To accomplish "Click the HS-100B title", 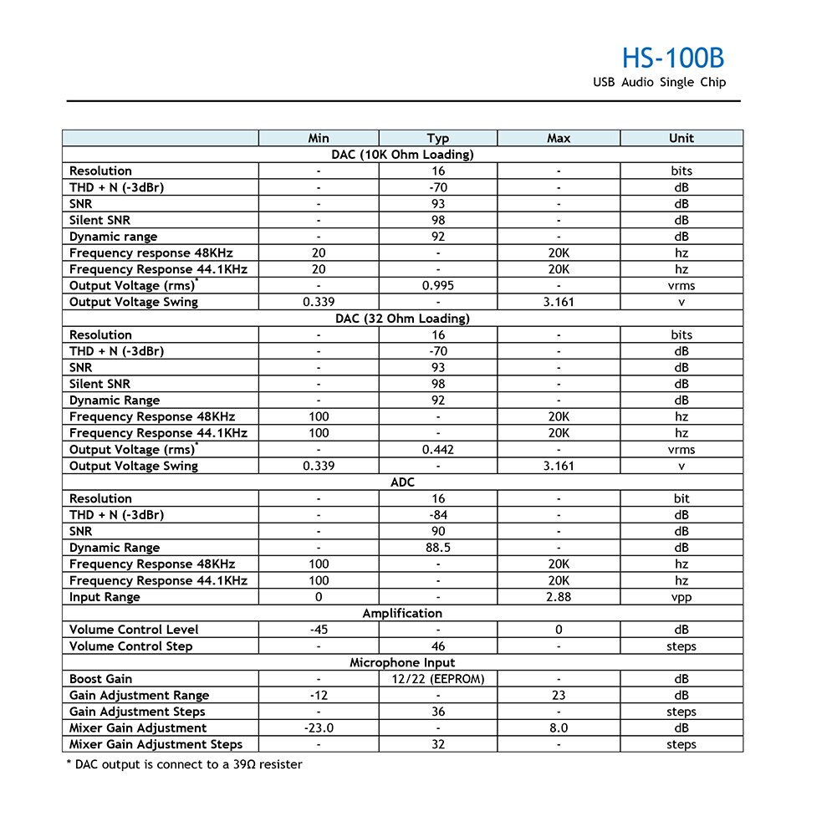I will click(672, 58).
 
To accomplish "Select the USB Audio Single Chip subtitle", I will click(659, 83).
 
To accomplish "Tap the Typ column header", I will click(438, 139).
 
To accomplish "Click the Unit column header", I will click(681, 139).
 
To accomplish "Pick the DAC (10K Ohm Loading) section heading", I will click(402, 155).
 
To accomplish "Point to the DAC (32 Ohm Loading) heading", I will click(402, 319).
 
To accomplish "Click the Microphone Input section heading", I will click(402, 663).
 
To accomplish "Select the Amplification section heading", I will click(402, 614).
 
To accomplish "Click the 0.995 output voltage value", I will click(438, 286).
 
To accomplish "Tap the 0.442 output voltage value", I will click(438, 450).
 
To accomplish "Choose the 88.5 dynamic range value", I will click(438, 548).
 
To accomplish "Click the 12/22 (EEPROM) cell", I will click(438, 679).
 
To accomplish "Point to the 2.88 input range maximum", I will click(559, 597).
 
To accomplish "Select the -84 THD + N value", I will click(438, 515).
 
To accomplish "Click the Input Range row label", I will click(105, 597).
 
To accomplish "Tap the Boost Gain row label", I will click(100, 679).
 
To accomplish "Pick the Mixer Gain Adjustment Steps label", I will click(156, 744).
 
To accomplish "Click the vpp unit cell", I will click(681, 597).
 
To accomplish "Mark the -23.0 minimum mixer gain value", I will click(319, 728).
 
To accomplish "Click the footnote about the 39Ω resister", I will click(183, 764).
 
